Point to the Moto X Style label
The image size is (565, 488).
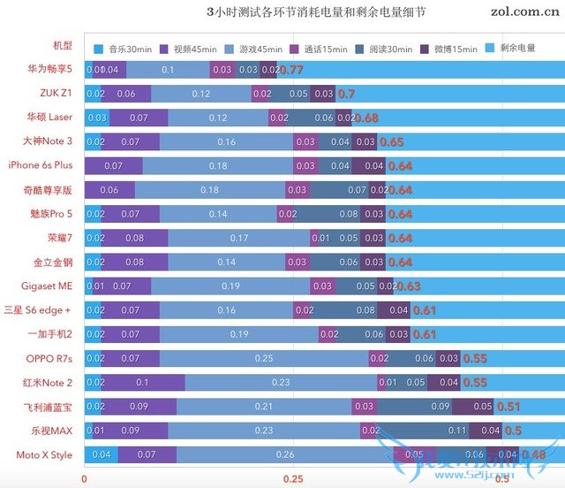click(43, 455)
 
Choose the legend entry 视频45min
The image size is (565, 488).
click(188, 48)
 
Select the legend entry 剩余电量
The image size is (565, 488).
click(517, 48)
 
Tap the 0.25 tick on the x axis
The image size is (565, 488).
click(293, 478)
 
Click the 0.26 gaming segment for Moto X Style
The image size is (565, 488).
click(285, 455)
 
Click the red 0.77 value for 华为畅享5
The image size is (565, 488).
click(291, 69)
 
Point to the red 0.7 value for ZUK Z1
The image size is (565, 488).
click(346, 93)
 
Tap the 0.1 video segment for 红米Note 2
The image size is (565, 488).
click(142, 383)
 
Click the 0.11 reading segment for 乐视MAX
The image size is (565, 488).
click(456, 431)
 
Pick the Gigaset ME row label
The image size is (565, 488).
click(48, 286)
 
